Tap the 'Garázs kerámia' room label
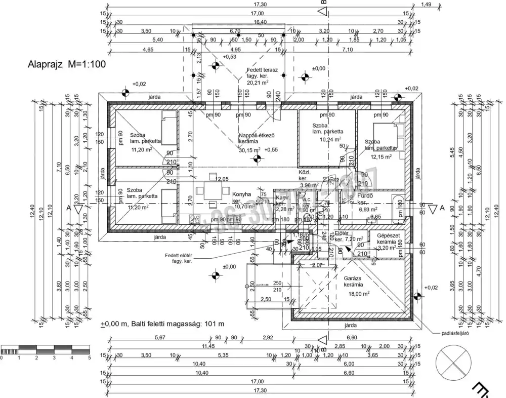(x=354, y=281)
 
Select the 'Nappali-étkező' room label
(x=257, y=135)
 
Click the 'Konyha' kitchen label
(x=242, y=194)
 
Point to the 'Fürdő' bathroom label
(x=365, y=196)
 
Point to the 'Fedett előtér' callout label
(x=179, y=256)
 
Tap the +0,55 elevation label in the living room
(x=271, y=150)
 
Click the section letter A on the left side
(x=67, y=208)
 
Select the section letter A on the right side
(x=441, y=208)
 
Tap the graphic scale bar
(x=45, y=350)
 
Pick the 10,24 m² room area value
(x=329, y=139)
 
